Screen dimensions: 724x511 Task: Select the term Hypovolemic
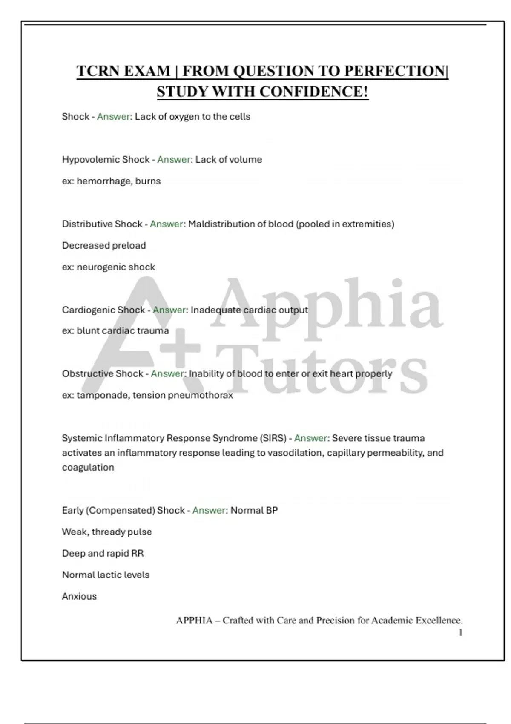click(x=91, y=160)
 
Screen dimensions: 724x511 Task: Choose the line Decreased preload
click(x=104, y=246)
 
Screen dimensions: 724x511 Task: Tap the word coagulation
click(x=88, y=468)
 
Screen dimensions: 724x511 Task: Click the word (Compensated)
click(x=120, y=511)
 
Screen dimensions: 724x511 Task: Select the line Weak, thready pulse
click(x=106, y=532)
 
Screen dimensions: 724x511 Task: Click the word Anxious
click(x=79, y=596)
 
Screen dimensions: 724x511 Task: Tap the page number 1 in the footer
click(x=460, y=633)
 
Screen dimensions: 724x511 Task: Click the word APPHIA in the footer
click(x=194, y=621)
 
